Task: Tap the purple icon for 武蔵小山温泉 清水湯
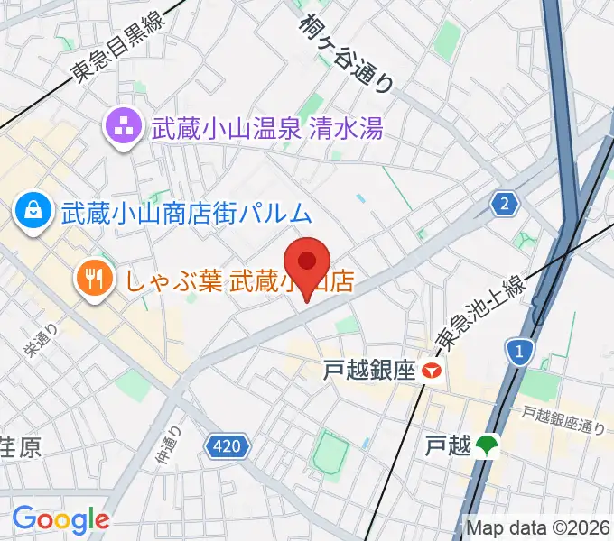[x=122, y=126]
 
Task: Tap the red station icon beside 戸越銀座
[x=435, y=370]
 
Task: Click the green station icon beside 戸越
[x=488, y=445]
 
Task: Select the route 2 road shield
[x=506, y=205]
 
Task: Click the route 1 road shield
[x=519, y=349]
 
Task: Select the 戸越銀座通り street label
[x=562, y=418]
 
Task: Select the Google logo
[x=60, y=519]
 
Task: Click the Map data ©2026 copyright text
[x=538, y=527]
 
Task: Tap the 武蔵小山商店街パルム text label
[x=186, y=214]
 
